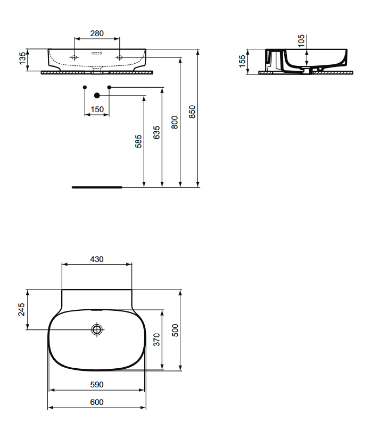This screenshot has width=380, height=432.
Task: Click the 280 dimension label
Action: click(97, 33)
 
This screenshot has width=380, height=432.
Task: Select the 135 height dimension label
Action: click(22, 58)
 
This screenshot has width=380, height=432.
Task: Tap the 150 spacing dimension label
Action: click(97, 109)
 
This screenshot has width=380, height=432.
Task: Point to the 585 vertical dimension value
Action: click(138, 141)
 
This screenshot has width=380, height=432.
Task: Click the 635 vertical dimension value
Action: click(156, 132)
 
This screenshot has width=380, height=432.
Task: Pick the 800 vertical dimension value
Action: click(175, 122)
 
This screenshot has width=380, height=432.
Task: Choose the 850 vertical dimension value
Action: click(192, 112)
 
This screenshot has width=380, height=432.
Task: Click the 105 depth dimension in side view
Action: click(301, 41)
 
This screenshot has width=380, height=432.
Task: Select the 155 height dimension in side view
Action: click(242, 61)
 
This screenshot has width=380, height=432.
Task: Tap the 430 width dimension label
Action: click(97, 259)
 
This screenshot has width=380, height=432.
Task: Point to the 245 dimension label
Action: click(21, 309)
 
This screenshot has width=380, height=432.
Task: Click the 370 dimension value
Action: click(157, 340)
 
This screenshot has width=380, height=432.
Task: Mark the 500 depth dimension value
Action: click(175, 330)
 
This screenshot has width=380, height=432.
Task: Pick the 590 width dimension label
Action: click(97, 385)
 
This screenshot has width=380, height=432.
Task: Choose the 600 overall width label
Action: click(97, 402)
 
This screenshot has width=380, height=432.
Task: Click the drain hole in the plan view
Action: click(97, 329)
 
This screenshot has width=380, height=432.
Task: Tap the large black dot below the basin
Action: click(97, 96)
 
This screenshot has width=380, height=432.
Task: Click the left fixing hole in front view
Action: click(74, 57)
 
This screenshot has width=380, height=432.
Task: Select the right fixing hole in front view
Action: click(119, 57)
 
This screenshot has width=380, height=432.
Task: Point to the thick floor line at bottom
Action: click(97, 188)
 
